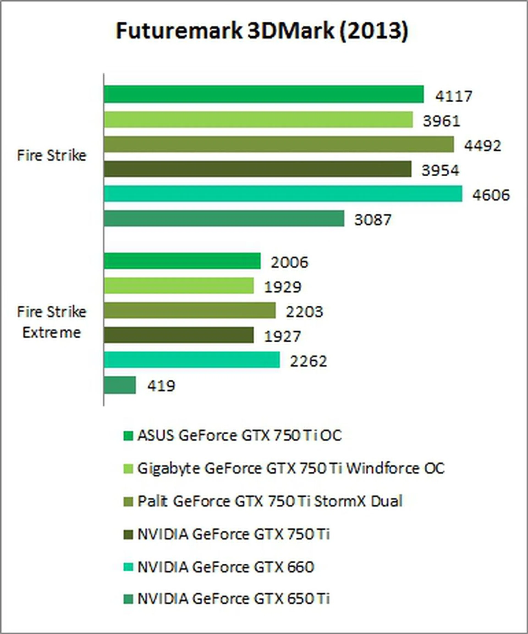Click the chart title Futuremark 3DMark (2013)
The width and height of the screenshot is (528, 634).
pyautogui.click(x=262, y=31)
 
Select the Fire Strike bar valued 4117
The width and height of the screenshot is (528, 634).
pyautogui.click(x=264, y=94)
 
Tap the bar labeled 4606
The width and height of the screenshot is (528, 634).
pyautogui.click(x=283, y=193)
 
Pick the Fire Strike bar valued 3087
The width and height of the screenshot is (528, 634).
pyautogui.click(x=224, y=218)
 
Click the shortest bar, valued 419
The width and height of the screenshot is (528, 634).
pyautogui.click(x=120, y=385)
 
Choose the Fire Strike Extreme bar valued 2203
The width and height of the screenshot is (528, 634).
pyautogui.click(x=189, y=310)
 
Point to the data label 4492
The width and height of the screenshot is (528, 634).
pyautogui.click(x=482, y=146)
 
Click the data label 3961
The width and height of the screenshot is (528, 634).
pyautogui.click(x=441, y=121)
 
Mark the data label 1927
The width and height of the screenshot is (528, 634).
pyautogui.click(x=282, y=336)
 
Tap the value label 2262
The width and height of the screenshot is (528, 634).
pyautogui.click(x=308, y=361)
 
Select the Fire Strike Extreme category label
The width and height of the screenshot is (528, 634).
pyautogui.click(x=52, y=322)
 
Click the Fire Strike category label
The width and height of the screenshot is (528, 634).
pyautogui.click(x=52, y=156)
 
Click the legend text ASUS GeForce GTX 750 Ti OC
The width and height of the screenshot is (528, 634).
pyautogui.click(x=240, y=436)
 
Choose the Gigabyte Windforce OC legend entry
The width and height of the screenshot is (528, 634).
pyautogui.click(x=291, y=469)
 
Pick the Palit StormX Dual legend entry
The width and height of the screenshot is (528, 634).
pyautogui.click(x=270, y=501)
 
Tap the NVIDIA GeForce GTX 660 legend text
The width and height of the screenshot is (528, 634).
pyautogui.click(x=226, y=567)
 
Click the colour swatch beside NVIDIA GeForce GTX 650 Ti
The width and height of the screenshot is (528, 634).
pyautogui.click(x=128, y=599)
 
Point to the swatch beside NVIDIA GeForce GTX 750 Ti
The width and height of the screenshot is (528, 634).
pyautogui.click(x=128, y=534)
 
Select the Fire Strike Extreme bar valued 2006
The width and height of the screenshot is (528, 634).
pyautogui.click(x=182, y=261)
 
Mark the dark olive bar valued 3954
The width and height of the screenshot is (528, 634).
pyautogui.click(x=257, y=169)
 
